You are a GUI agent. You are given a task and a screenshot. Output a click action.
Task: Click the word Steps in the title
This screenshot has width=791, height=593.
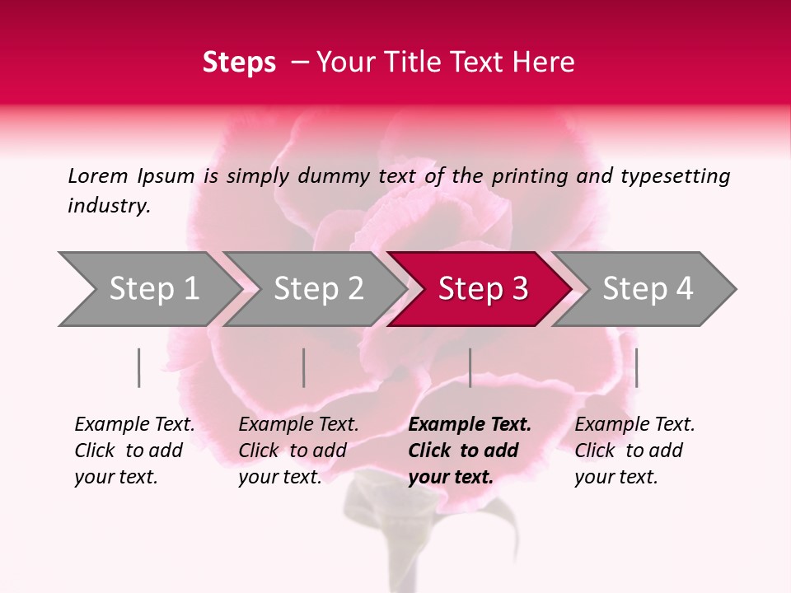pos(239,63)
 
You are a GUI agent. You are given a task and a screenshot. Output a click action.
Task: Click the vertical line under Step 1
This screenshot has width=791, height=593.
pos(139,367)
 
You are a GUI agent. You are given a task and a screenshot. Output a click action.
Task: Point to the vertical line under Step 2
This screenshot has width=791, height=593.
pos(304,367)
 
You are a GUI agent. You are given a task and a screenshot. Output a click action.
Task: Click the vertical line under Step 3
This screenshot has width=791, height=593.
pos(470,367)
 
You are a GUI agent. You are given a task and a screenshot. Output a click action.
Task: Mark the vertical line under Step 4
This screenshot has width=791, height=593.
pos(636,367)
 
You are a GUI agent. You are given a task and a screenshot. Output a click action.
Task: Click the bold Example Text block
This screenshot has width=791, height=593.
pos(470,451)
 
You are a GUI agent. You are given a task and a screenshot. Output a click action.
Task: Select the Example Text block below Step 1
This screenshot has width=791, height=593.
pos(134,451)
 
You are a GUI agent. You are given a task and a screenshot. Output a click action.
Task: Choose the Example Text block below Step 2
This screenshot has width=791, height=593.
pos(298,451)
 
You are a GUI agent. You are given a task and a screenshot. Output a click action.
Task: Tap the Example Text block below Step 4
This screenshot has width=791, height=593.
pos(634,451)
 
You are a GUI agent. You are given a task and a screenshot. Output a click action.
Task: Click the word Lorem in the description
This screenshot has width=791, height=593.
pos(97,176)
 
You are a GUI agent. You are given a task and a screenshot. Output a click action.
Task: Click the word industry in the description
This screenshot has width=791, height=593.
pos(108,206)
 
